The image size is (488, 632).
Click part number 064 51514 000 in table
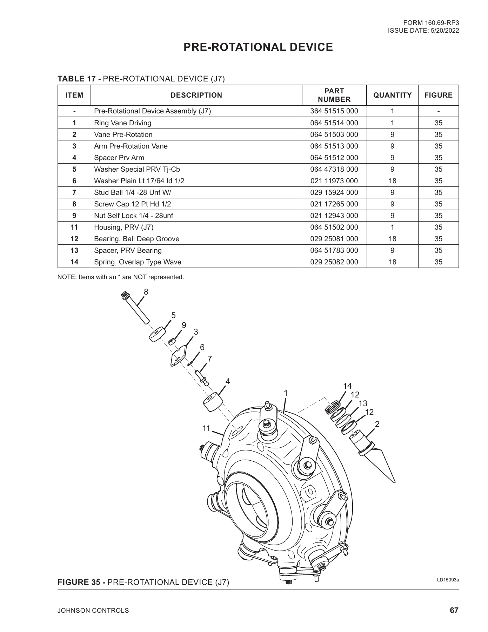[334, 123]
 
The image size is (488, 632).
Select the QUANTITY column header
[392, 95]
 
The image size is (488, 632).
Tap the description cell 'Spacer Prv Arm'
[119, 158]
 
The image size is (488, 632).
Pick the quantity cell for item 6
[392, 181]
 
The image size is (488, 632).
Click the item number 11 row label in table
[74, 227]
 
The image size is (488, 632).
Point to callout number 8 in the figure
[146, 292]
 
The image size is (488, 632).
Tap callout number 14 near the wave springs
[347, 386]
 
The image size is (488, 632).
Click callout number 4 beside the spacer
[227, 381]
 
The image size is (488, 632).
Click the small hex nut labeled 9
[172, 341]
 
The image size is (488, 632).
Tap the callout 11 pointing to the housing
[206, 428]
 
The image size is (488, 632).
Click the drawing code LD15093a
[448, 580]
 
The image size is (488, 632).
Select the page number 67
[454, 611]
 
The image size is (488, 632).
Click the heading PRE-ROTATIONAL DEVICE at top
[258, 47]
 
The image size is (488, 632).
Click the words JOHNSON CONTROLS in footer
[93, 611]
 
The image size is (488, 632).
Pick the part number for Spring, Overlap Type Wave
[334, 262]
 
